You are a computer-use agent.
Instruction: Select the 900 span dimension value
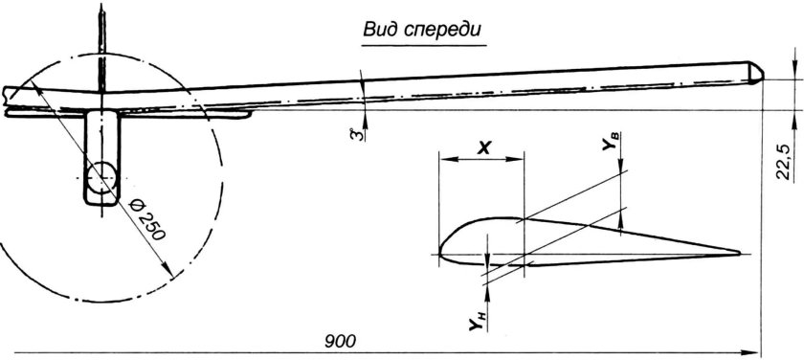[x=340, y=341]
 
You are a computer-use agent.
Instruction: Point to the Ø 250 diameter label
[x=147, y=219]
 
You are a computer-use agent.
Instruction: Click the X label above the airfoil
[x=483, y=147]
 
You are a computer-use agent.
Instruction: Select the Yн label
[x=478, y=320]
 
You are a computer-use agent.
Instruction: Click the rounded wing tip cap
[x=756, y=73]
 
